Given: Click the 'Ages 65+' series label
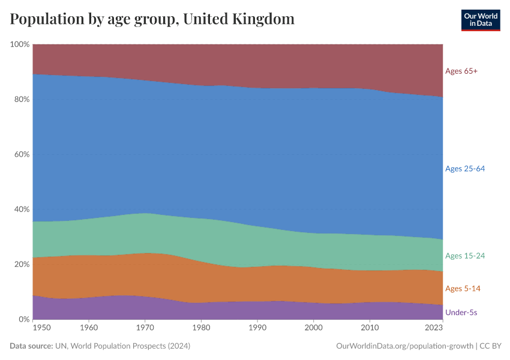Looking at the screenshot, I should (x=461, y=71).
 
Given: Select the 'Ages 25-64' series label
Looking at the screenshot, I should (x=464, y=169).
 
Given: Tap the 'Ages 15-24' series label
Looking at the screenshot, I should (x=464, y=256).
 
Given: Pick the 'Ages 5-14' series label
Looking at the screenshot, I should (x=463, y=289).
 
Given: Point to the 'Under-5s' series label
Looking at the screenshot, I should (x=461, y=313).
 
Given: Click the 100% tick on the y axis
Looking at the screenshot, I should (x=20, y=44).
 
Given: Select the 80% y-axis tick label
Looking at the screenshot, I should (x=22, y=100).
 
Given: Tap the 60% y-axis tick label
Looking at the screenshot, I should (x=22, y=154).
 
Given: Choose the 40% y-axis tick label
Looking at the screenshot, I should (x=22, y=209).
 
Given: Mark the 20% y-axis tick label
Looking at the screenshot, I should (x=22, y=265).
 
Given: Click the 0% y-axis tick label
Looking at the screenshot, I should (x=24, y=319).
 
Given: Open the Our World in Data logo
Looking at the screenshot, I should (x=480, y=20).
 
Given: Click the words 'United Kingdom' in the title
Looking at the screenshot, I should (x=238, y=19).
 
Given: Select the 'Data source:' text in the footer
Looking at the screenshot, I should (x=31, y=346).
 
